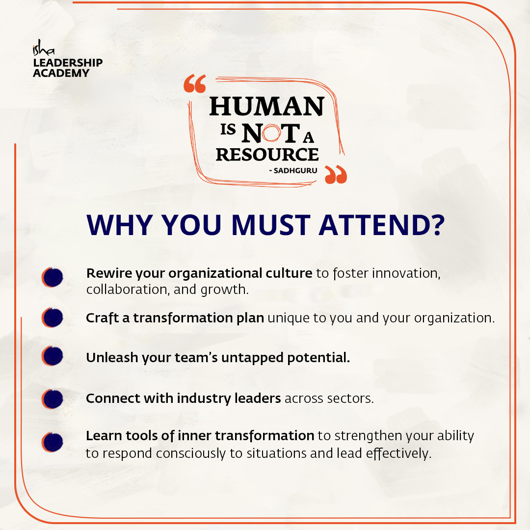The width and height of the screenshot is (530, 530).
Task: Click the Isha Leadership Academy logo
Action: point(67,61)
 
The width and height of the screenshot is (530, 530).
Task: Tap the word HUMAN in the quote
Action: point(267,106)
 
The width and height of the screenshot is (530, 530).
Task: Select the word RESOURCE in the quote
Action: point(267,154)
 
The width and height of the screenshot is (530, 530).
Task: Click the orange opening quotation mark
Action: point(195,85)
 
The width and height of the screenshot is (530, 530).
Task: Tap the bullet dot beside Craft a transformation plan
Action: point(53,318)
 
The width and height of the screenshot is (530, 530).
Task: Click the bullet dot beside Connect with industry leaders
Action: point(53,398)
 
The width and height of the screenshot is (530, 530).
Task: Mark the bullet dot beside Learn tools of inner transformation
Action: point(53,442)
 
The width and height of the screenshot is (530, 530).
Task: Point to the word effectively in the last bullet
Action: point(398,454)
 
